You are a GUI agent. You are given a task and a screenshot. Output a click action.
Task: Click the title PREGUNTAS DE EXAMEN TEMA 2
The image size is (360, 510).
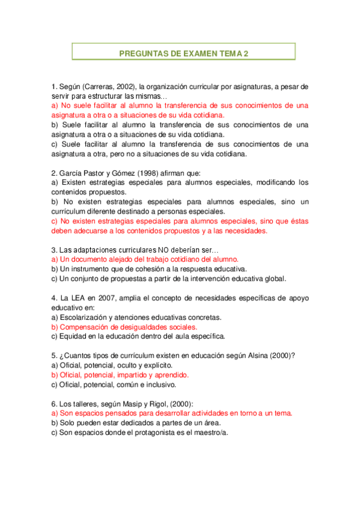coord(183,53)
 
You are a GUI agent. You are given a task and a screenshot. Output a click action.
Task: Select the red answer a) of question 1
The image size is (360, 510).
coord(180,109)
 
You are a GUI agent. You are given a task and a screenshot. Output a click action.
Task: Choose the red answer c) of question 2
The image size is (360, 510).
coord(180,226)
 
